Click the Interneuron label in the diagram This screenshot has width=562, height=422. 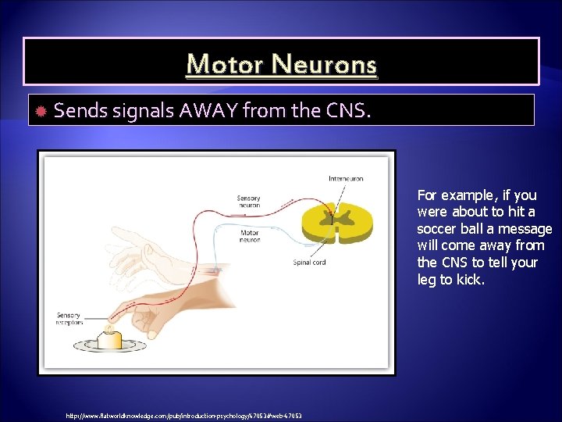tap(346, 179)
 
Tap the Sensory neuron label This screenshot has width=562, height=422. tap(248, 202)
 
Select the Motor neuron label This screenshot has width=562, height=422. tap(250, 235)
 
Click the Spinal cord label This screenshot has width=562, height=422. tap(309, 263)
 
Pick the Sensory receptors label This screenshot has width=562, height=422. tap(69, 319)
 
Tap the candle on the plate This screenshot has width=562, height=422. tap(110, 339)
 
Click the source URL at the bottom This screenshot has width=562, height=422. tap(184, 415)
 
